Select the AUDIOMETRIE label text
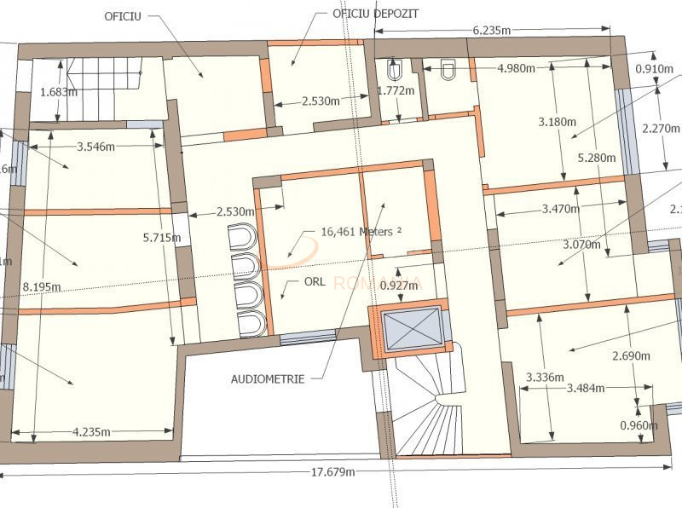tap(267, 379)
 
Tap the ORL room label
tap(312, 282)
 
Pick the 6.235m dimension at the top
tap(492, 30)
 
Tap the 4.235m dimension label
tap(92, 432)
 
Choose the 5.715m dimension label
tap(161, 238)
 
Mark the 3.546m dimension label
tap(96, 147)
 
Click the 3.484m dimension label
tap(586, 389)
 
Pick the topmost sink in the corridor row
tap(244, 235)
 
